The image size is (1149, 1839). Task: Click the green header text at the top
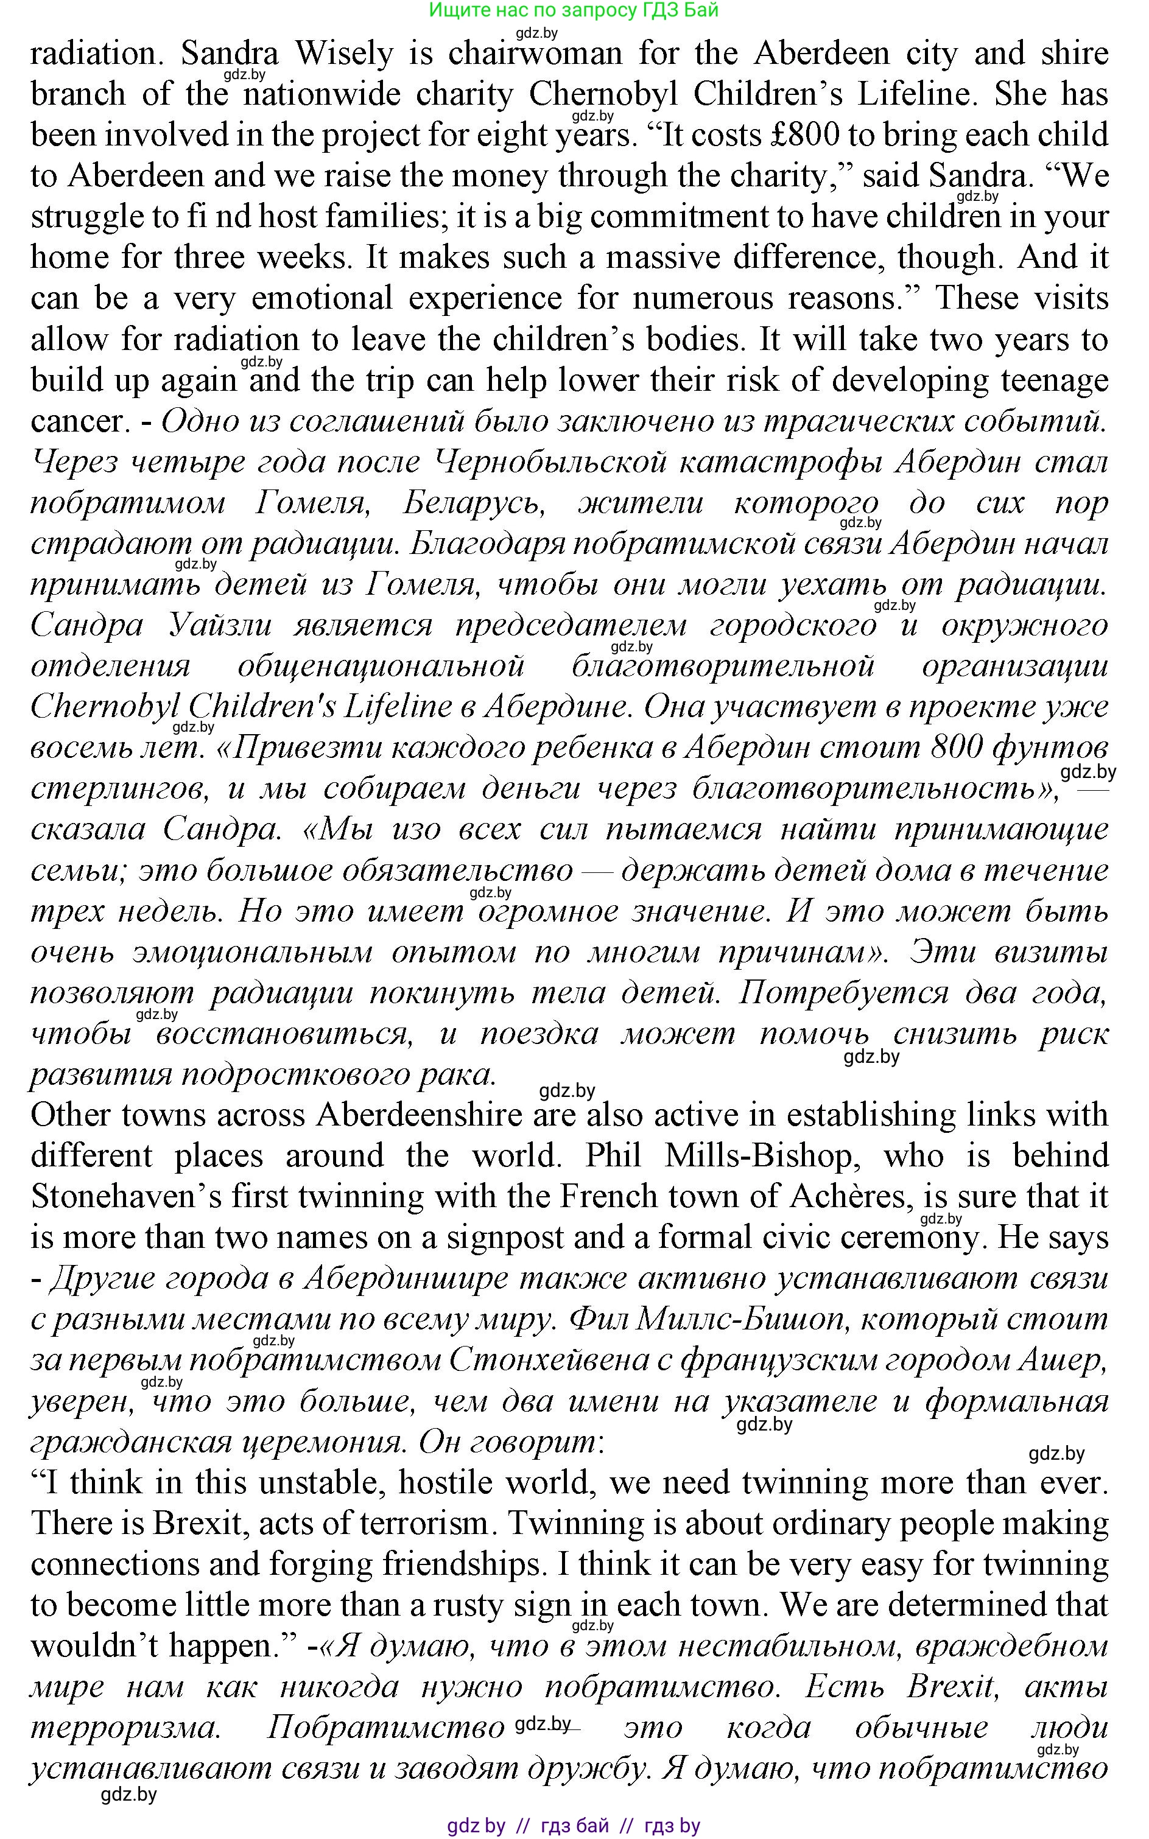tap(574, 10)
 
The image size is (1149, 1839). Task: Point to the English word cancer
tap(76, 420)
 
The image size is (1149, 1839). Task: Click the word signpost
tap(505, 1238)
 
